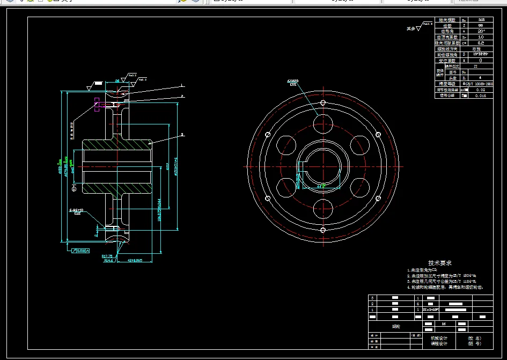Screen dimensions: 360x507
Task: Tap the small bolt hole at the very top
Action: click(x=323, y=103)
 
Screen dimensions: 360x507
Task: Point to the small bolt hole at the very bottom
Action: click(x=323, y=230)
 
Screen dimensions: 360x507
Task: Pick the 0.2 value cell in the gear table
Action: click(x=480, y=43)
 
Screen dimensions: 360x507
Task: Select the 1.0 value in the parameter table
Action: click(x=480, y=37)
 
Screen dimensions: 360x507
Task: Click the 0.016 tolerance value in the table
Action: click(x=481, y=96)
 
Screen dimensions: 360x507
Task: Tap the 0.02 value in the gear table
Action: click(x=481, y=90)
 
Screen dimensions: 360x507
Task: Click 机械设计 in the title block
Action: click(x=438, y=339)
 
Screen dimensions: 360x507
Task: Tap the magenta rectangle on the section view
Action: click(x=97, y=105)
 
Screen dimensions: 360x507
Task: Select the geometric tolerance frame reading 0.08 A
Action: click(x=81, y=251)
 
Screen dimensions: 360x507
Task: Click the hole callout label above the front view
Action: click(x=293, y=83)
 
